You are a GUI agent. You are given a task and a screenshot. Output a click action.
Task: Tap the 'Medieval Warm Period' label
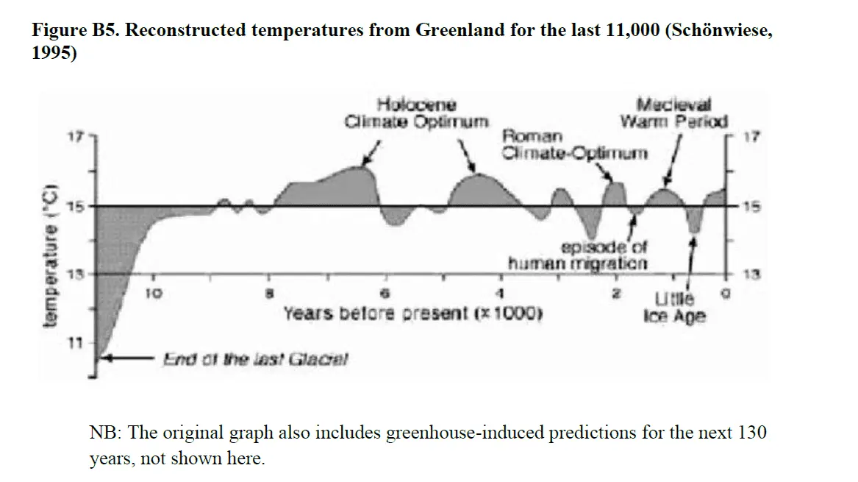[x=673, y=113]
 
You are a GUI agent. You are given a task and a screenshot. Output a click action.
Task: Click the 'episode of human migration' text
[x=578, y=255]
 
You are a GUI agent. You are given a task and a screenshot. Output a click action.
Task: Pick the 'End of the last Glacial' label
[x=255, y=360]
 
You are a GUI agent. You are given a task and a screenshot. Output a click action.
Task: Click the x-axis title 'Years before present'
[x=412, y=313]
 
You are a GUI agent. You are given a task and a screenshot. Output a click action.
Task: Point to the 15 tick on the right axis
[x=748, y=207]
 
